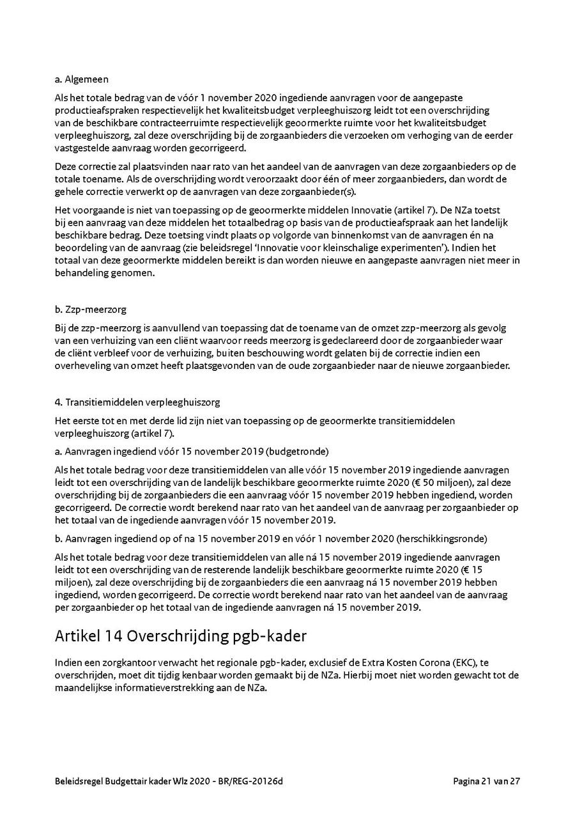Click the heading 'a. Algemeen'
tap(82, 80)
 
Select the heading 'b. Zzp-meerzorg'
tap(91, 309)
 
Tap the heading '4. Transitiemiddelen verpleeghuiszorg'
tap(137, 402)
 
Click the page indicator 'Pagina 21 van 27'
tap(487, 781)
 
